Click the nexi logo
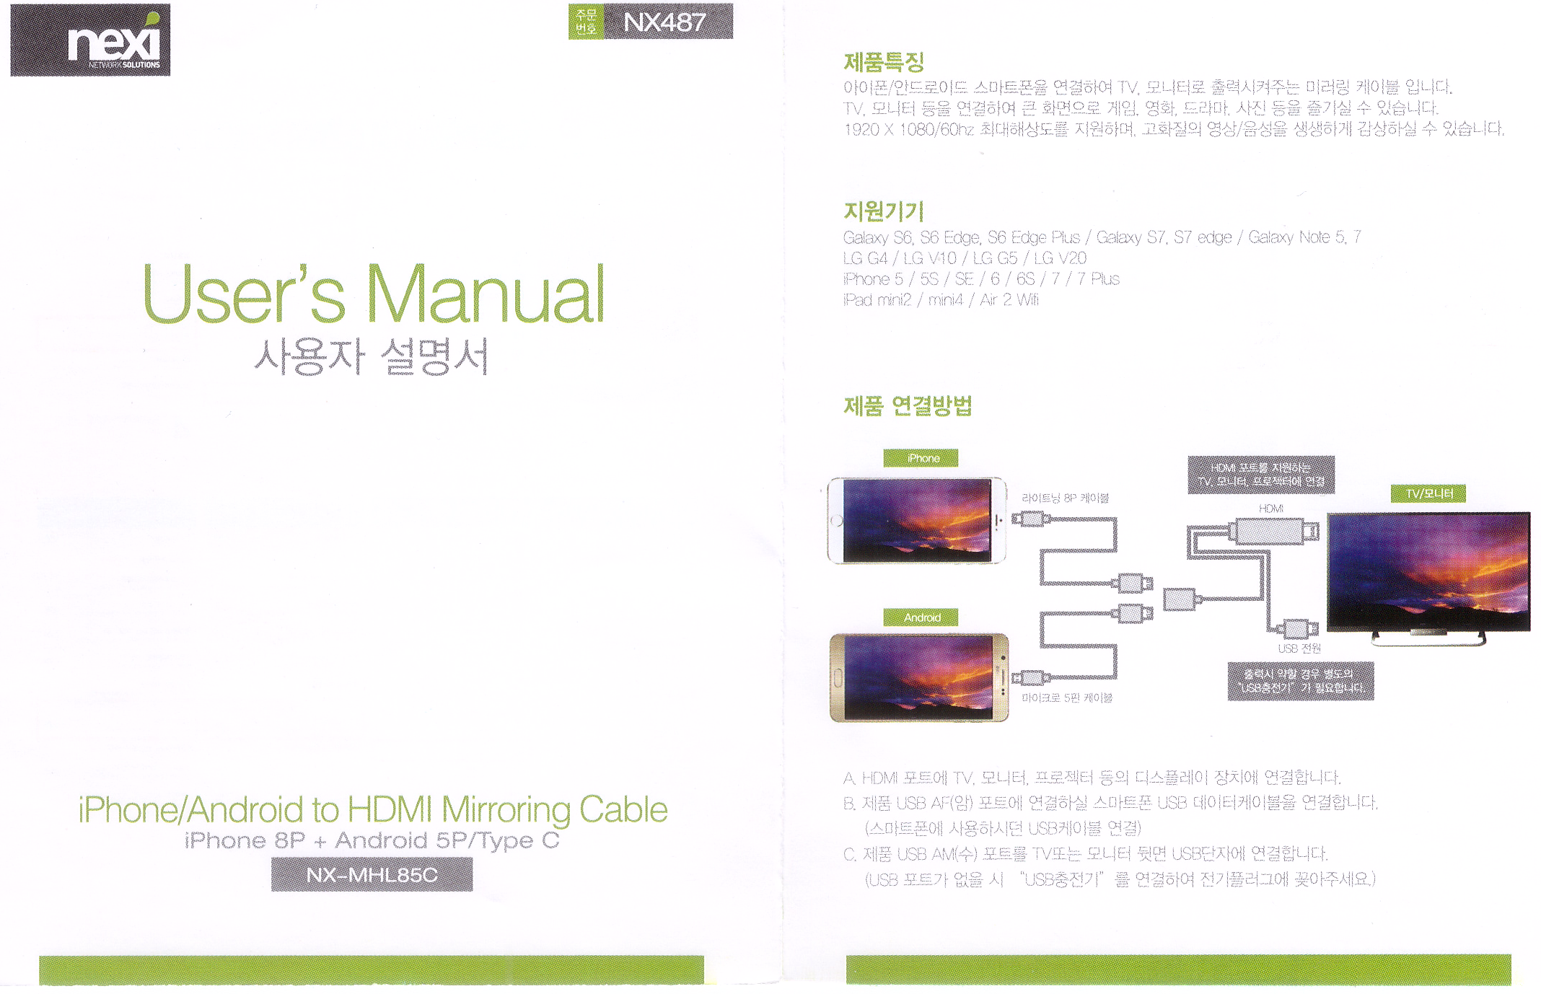[x=90, y=40]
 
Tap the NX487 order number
[x=664, y=22]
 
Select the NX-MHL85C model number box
[x=372, y=874]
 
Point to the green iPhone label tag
[x=921, y=458]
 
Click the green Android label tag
[x=921, y=617]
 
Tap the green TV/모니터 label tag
[x=1428, y=493]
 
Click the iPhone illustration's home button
[x=837, y=521]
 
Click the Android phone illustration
[x=919, y=677]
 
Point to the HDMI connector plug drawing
[x=1273, y=532]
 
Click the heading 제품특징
[x=884, y=63]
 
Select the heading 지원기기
[x=884, y=211]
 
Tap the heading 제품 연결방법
[x=908, y=406]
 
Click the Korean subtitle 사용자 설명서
[x=372, y=357]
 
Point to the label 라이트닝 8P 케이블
[x=1065, y=498]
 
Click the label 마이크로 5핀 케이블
[x=1067, y=698]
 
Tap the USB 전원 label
[x=1299, y=648]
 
